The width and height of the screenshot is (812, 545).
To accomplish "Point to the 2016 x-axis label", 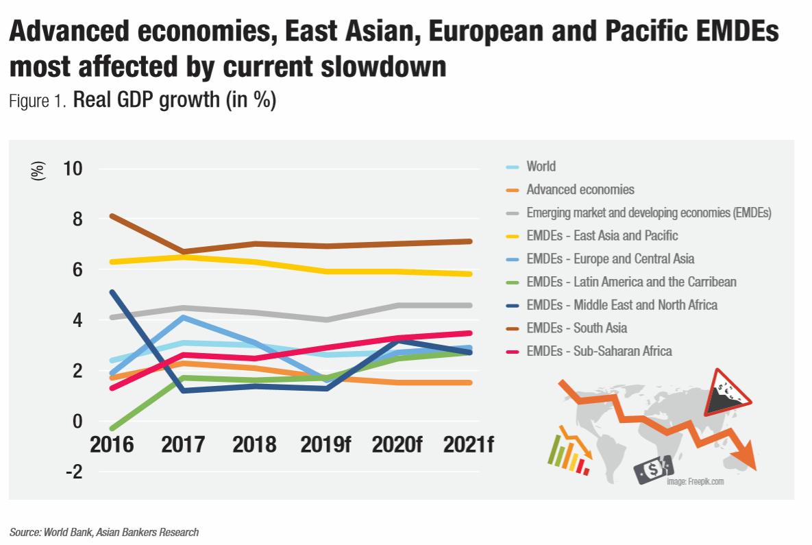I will (112, 444).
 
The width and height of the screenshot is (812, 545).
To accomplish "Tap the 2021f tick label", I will (469, 444).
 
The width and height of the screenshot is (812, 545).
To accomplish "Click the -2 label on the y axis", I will (73, 472).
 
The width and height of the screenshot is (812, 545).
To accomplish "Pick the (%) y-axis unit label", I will (38, 170).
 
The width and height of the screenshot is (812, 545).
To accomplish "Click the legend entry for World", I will (541, 167).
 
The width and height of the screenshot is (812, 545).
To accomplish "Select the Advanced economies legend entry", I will (580, 189).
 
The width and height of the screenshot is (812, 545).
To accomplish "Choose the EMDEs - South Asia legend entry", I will (576, 328).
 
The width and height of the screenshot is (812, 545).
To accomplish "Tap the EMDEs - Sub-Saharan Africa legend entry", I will (599, 351).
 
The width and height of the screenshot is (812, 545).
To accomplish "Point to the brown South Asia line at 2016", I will (112, 216).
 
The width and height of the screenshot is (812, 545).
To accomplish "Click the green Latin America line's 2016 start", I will (112, 428).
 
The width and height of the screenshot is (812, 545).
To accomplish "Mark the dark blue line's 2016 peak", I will (112, 292).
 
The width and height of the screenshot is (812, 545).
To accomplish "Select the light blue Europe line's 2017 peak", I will (183, 317).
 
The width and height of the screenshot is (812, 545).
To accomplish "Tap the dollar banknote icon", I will (653, 470).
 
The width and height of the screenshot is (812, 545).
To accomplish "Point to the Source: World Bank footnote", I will (104, 532).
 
